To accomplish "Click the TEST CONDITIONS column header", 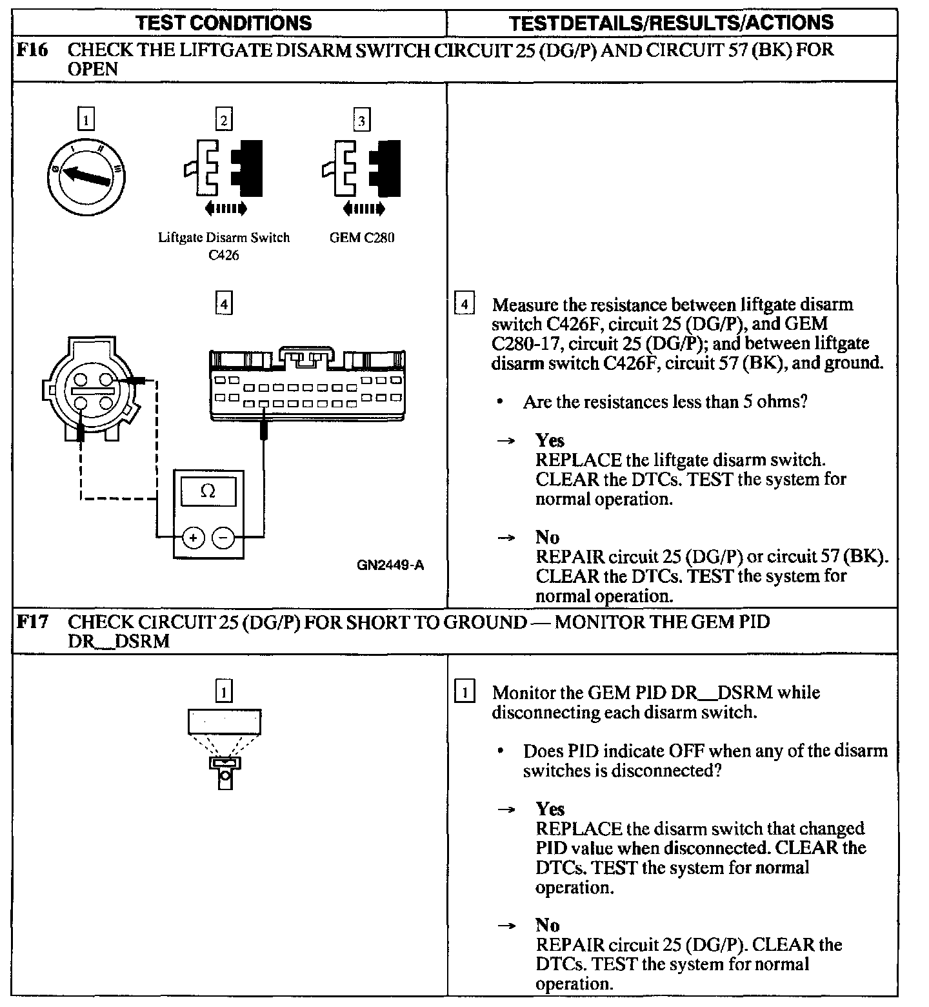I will pos(224,23).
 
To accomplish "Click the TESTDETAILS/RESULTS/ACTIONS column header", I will pos(671,23).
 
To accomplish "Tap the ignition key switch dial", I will pos(86,176).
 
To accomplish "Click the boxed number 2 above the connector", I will pos(224,120).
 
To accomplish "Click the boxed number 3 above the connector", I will pos(362,120).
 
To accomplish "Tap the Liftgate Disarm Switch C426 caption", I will pos(224,246).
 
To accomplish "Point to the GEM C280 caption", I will pos(362,238).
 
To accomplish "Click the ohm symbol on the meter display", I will pos(208,491).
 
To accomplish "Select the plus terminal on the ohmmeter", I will pos(193,537).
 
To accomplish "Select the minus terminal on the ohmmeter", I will pos(223,537).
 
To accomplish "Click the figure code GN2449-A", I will pos(390,565).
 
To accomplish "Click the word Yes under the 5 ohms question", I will pos(550,440).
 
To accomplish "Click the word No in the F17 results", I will pos(547,925).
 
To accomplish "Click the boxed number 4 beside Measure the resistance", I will pos(464,304).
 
